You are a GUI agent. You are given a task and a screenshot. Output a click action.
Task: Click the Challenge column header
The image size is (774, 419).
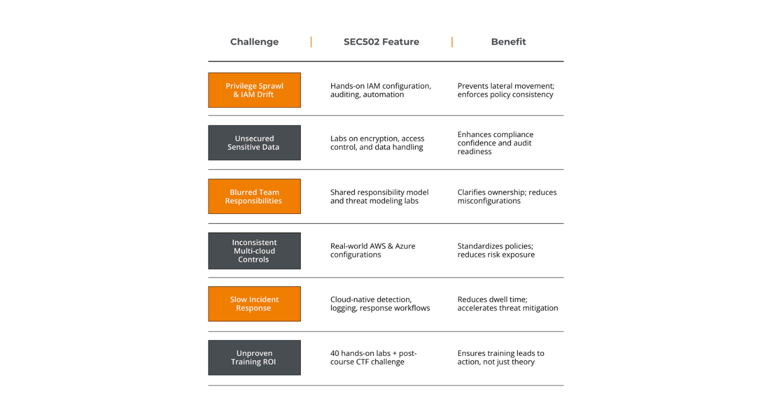point(254,42)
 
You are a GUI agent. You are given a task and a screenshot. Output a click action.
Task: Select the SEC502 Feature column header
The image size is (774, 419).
point(381,42)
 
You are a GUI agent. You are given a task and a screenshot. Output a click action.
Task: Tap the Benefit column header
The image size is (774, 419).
point(508,42)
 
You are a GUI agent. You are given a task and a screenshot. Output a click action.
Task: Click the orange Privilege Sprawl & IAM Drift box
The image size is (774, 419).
point(254,90)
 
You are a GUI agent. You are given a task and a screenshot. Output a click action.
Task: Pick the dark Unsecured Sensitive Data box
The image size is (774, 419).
point(254,143)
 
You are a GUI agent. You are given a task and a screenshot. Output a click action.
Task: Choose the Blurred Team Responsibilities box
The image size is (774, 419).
point(254,196)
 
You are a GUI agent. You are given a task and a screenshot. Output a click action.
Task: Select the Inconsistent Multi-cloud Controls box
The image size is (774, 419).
point(254,251)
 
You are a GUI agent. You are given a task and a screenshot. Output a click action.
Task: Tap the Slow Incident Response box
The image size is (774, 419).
point(254,304)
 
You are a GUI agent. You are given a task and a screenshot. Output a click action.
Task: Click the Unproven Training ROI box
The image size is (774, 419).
point(254,358)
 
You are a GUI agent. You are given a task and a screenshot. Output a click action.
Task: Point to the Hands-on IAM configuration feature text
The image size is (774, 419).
point(381,90)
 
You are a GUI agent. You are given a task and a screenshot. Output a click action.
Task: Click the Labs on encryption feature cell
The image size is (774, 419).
point(377,143)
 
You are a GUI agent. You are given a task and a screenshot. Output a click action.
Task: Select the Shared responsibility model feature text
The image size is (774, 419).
point(379,196)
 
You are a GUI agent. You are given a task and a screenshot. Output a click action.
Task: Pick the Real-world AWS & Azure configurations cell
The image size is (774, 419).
point(372,250)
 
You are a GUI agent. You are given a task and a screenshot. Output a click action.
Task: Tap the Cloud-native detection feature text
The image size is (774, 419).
point(380,304)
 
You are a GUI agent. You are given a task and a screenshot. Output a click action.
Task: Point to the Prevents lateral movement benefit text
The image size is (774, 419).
point(506,90)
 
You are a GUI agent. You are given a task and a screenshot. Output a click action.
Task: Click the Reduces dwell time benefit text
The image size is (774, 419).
point(508,304)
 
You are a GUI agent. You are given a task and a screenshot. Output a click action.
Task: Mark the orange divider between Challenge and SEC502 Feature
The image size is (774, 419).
point(311,42)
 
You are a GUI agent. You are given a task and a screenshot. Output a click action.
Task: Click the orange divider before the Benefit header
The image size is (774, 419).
point(452,42)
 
